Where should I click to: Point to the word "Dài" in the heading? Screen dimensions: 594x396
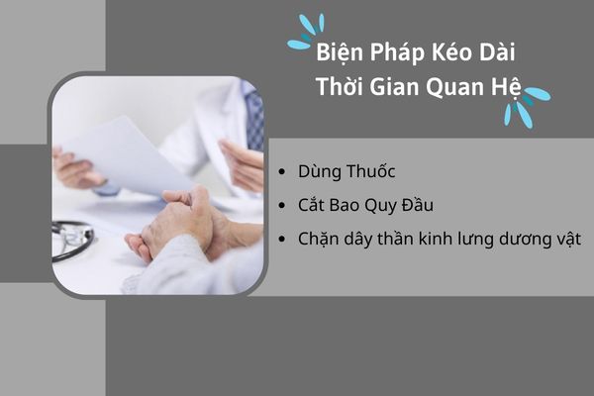[x=497, y=51]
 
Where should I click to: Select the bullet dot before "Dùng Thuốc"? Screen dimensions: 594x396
[x=281, y=171]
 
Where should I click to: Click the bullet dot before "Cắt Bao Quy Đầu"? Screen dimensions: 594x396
[x=281, y=205]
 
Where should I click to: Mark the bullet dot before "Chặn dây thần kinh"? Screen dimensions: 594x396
[x=281, y=240]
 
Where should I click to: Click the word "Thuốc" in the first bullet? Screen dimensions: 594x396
[x=370, y=170]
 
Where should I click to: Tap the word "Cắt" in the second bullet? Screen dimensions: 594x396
[x=311, y=205]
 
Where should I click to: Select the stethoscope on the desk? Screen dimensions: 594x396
[x=72, y=240]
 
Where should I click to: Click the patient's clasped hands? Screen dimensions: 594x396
[x=182, y=224]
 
